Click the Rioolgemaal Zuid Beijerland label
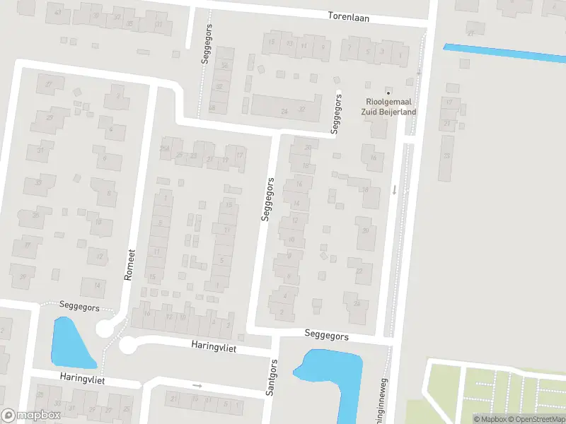391,107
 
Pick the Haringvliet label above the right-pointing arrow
212,348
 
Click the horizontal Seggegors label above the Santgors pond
326,336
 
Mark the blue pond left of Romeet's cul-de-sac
71,343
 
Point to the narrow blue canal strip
504,53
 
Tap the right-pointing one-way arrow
197,386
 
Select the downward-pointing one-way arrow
395,189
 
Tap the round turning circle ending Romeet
105,329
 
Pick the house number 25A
166,148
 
